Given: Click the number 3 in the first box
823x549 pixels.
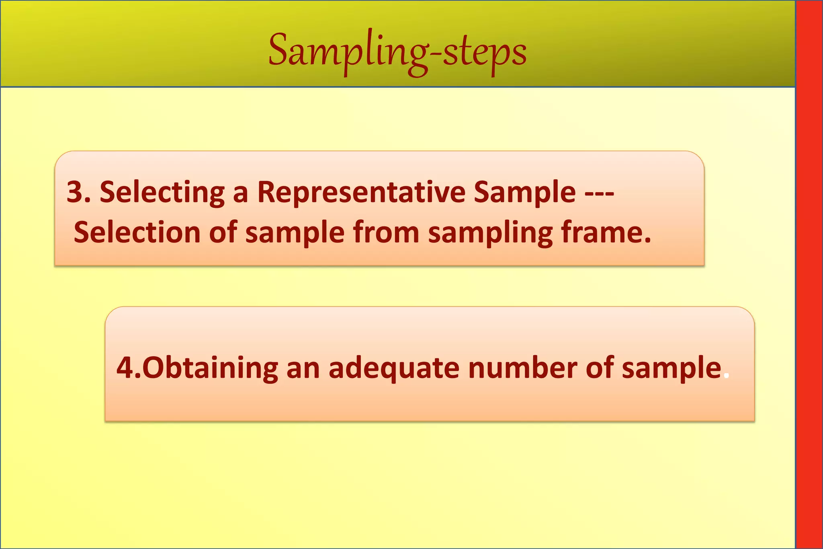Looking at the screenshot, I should tap(75, 192).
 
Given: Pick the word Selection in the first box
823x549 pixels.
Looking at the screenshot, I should tap(137, 233).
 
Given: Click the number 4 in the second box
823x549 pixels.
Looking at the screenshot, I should tap(125, 368).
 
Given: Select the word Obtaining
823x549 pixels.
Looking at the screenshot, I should tap(210, 368).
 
